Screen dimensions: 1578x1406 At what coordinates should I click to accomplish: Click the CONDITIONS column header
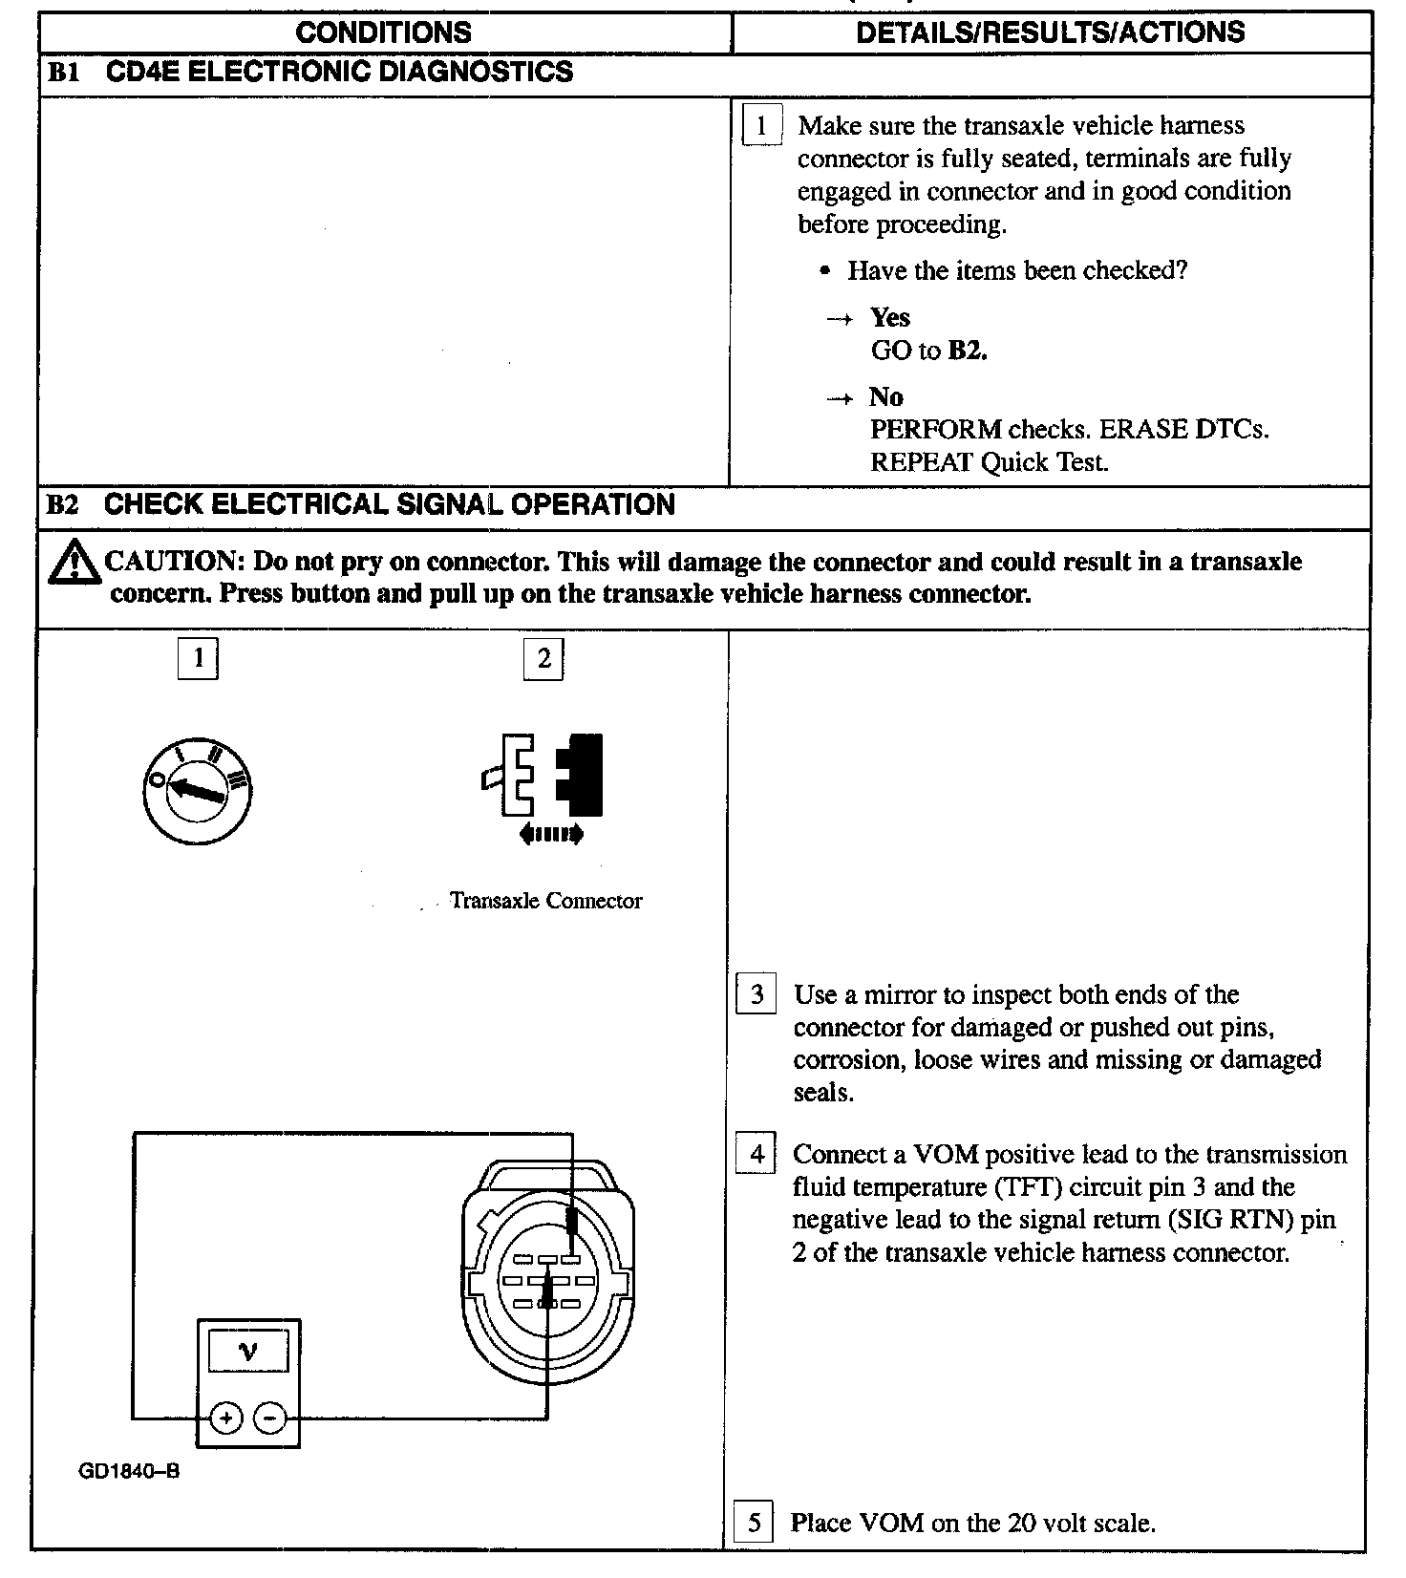[383, 32]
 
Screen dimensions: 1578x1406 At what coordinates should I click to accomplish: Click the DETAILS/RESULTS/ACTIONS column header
[1050, 32]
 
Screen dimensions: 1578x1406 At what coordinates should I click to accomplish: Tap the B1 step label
[63, 74]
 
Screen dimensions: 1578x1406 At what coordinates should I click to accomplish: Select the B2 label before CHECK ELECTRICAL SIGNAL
[63, 504]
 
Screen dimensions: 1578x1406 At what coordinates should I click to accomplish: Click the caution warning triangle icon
[74, 563]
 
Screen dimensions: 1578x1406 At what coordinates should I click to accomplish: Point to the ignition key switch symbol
[197, 790]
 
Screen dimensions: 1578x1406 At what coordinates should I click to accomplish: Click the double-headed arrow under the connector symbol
[551, 834]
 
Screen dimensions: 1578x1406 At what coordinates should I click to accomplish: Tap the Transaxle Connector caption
[545, 901]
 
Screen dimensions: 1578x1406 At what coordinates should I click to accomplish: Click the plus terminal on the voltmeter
[226, 1418]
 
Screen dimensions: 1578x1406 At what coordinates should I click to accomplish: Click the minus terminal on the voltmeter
[270, 1418]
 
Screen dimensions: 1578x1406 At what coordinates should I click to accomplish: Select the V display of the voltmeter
[248, 1352]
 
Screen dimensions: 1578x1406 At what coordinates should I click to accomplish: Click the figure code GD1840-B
[129, 1471]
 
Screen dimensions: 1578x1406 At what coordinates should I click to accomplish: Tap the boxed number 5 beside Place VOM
[754, 1522]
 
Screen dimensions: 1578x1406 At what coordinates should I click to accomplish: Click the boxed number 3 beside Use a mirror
[756, 995]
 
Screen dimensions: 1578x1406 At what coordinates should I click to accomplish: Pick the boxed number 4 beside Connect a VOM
[756, 1154]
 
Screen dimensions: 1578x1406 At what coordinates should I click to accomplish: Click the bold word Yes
[889, 317]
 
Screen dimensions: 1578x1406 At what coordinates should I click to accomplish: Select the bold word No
[885, 396]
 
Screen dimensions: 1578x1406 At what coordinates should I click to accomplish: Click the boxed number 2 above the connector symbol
[543, 658]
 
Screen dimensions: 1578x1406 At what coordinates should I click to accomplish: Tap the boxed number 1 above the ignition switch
[198, 658]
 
